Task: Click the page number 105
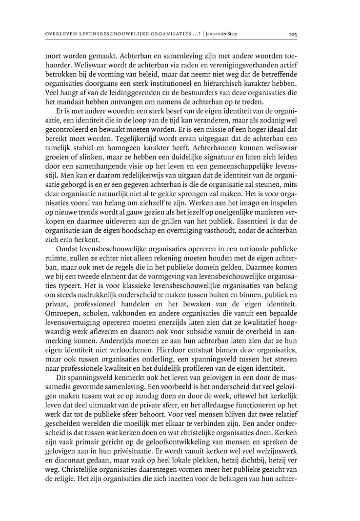(x=293, y=35)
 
